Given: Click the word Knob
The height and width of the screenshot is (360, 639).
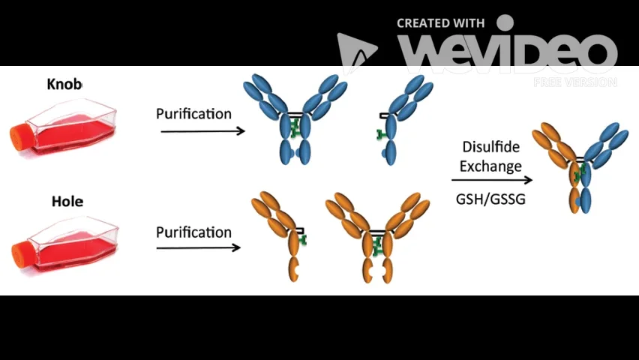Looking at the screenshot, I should tap(64, 84).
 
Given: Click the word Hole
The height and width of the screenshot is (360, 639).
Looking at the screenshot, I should tap(67, 201).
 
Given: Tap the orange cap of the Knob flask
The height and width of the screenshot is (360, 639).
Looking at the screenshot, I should tap(19, 136).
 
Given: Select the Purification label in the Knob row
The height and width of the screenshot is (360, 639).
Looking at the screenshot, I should tap(193, 114).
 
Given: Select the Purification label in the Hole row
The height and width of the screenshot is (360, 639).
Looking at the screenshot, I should tap(193, 232).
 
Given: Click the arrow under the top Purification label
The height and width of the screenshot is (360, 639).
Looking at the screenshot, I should tap(202, 131).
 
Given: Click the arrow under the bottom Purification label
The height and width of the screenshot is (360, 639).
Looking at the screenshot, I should tap(198, 247).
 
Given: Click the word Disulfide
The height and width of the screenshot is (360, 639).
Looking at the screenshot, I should tap(491, 147).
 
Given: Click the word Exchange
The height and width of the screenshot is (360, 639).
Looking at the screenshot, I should tap(490, 166).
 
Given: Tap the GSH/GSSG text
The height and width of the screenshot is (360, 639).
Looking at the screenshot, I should tap(490, 199).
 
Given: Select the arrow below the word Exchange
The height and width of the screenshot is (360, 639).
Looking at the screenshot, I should tap(491, 180).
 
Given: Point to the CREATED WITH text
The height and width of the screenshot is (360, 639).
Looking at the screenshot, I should tap(440, 23).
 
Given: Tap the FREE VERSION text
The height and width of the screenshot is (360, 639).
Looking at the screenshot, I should tap(574, 82).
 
